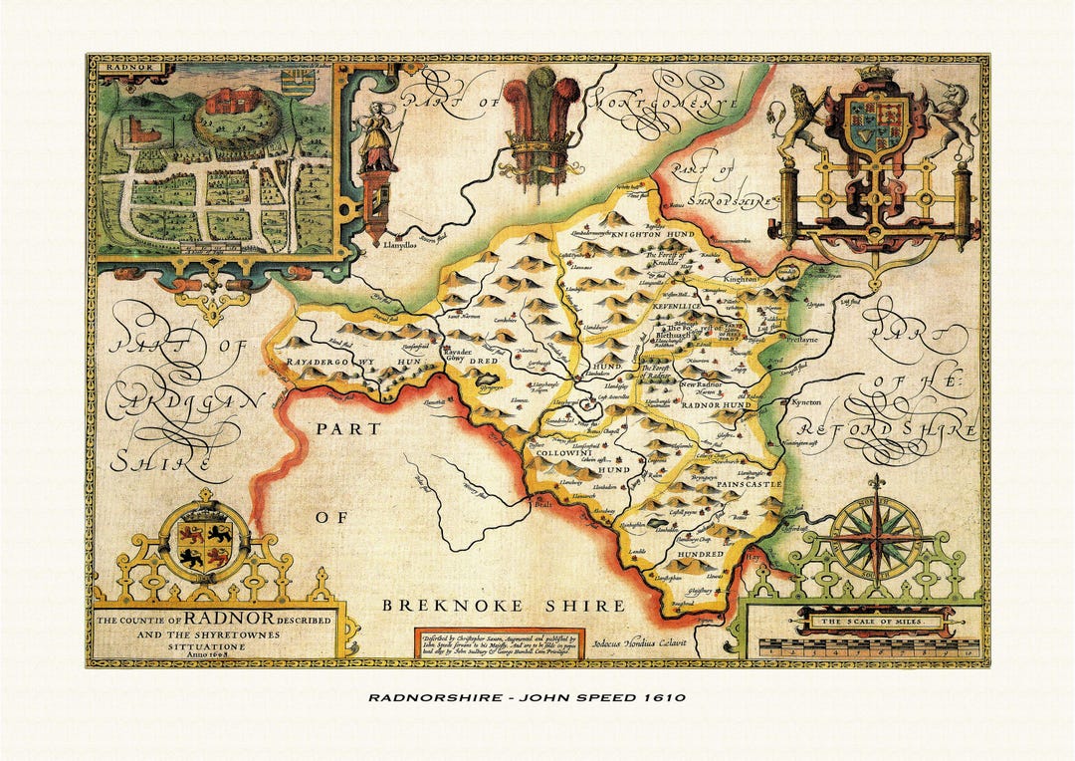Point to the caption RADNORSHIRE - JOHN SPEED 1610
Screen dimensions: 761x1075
coord(527,697)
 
